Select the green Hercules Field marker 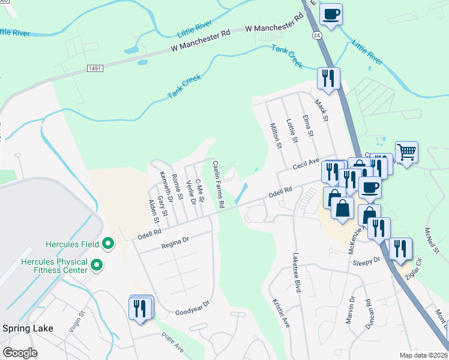point(108,244)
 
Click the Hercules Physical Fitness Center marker point(96,264)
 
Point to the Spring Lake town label point(28,328)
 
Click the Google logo point(20,353)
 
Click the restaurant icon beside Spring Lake point(140,308)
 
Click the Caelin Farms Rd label point(218,184)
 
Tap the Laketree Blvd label point(296,272)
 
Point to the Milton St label point(276,135)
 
